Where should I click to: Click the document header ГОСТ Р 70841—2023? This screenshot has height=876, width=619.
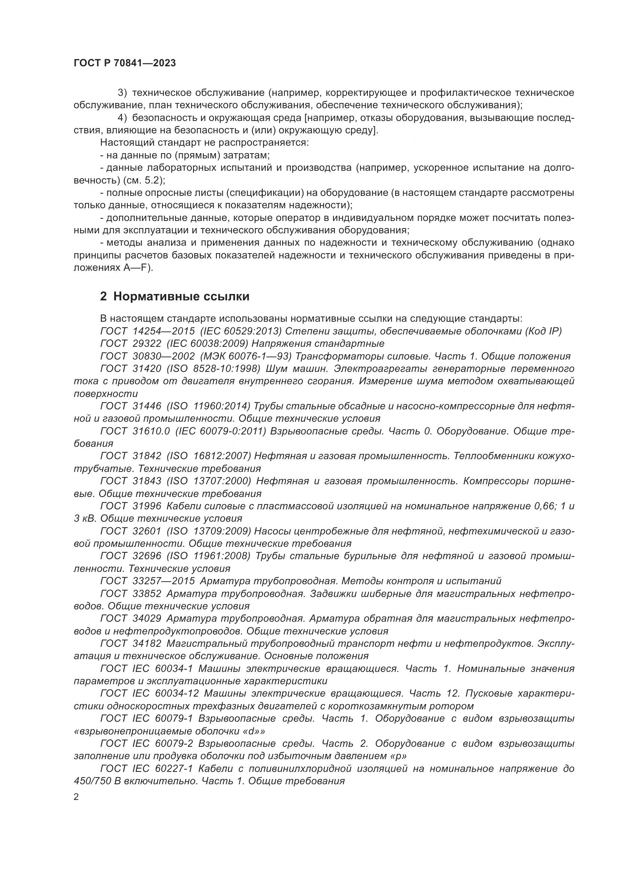tap(125, 63)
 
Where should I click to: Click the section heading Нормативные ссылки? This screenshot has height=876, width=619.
tap(181, 296)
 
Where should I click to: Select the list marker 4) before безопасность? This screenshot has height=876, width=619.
tap(122, 118)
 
